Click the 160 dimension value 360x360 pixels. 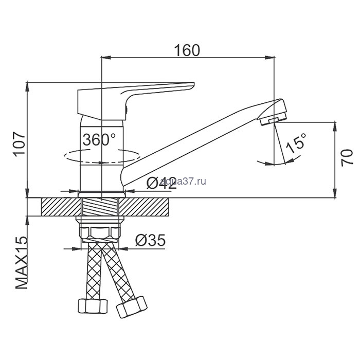(187, 50)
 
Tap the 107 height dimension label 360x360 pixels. (20, 144)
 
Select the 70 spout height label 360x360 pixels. (347, 158)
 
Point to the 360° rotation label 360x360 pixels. (99, 139)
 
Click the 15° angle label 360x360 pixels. (296, 143)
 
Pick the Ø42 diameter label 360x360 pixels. (161, 183)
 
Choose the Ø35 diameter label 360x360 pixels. (150, 240)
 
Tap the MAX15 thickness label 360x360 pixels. (22, 262)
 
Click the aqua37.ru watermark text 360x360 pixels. (183, 182)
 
